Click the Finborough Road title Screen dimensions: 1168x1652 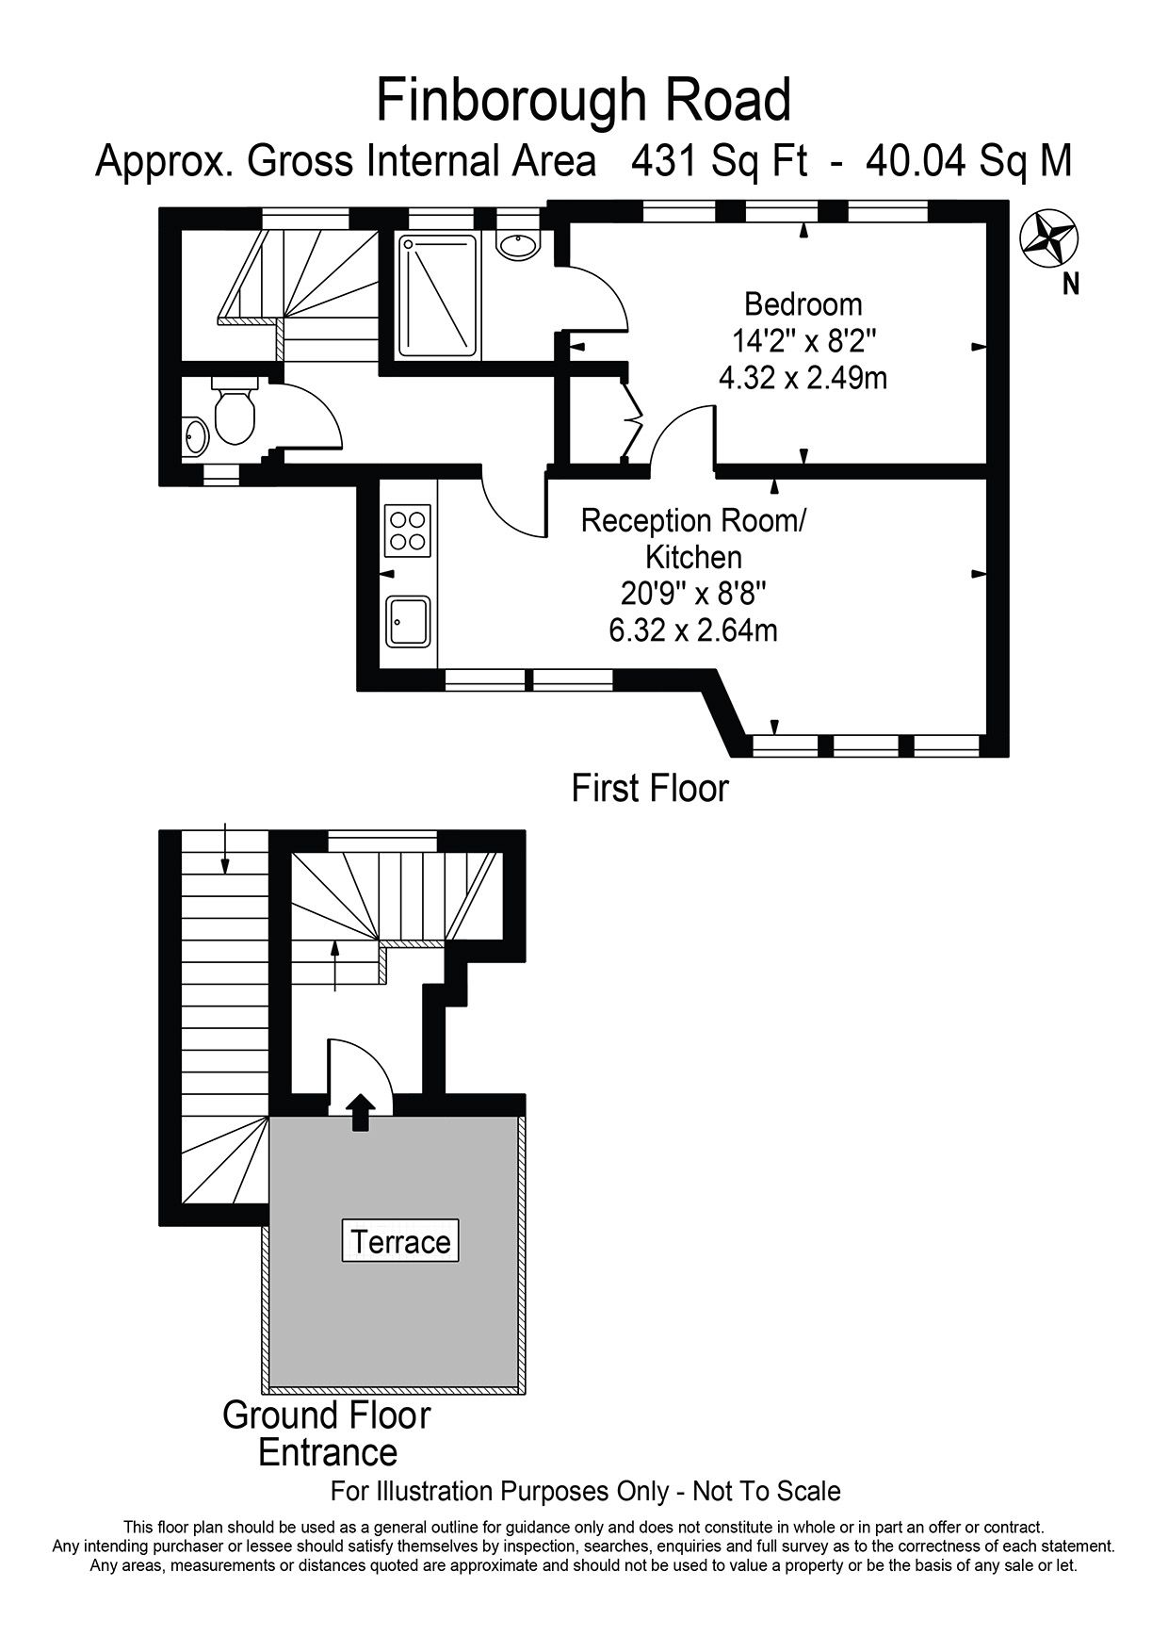pyautogui.click(x=583, y=101)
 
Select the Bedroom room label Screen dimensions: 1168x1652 pyautogui.click(x=803, y=304)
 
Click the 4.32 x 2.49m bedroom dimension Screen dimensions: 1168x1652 pyautogui.click(x=803, y=378)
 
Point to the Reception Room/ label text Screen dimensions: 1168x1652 pyautogui.click(x=694, y=520)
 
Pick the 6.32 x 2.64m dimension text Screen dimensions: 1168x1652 pyautogui.click(x=693, y=630)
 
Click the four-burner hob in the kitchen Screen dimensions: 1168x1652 pyautogui.click(x=408, y=530)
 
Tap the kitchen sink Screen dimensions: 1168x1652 pyautogui.click(x=408, y=622)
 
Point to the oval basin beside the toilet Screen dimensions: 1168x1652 pyautogui.click(x=196, y=437)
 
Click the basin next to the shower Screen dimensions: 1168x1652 pyautogui.click(x=518, y=244)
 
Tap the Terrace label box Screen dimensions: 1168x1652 pyautogui.click(x=400, y=1241)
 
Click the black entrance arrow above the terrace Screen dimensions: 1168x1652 pyautogui.click(x=359, y=1112)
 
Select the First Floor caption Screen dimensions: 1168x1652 pyautogui.click(x=650, y=788)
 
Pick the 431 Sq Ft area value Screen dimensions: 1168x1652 pyautogui.click(x=720, y=161)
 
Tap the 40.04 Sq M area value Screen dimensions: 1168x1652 pyautogui.click(x=968, y=161)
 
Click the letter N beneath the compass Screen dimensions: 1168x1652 pyautogui.click(x=1070, y=283)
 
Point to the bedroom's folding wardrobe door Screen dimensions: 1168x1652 pyautogui.click(x=632, y=418)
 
